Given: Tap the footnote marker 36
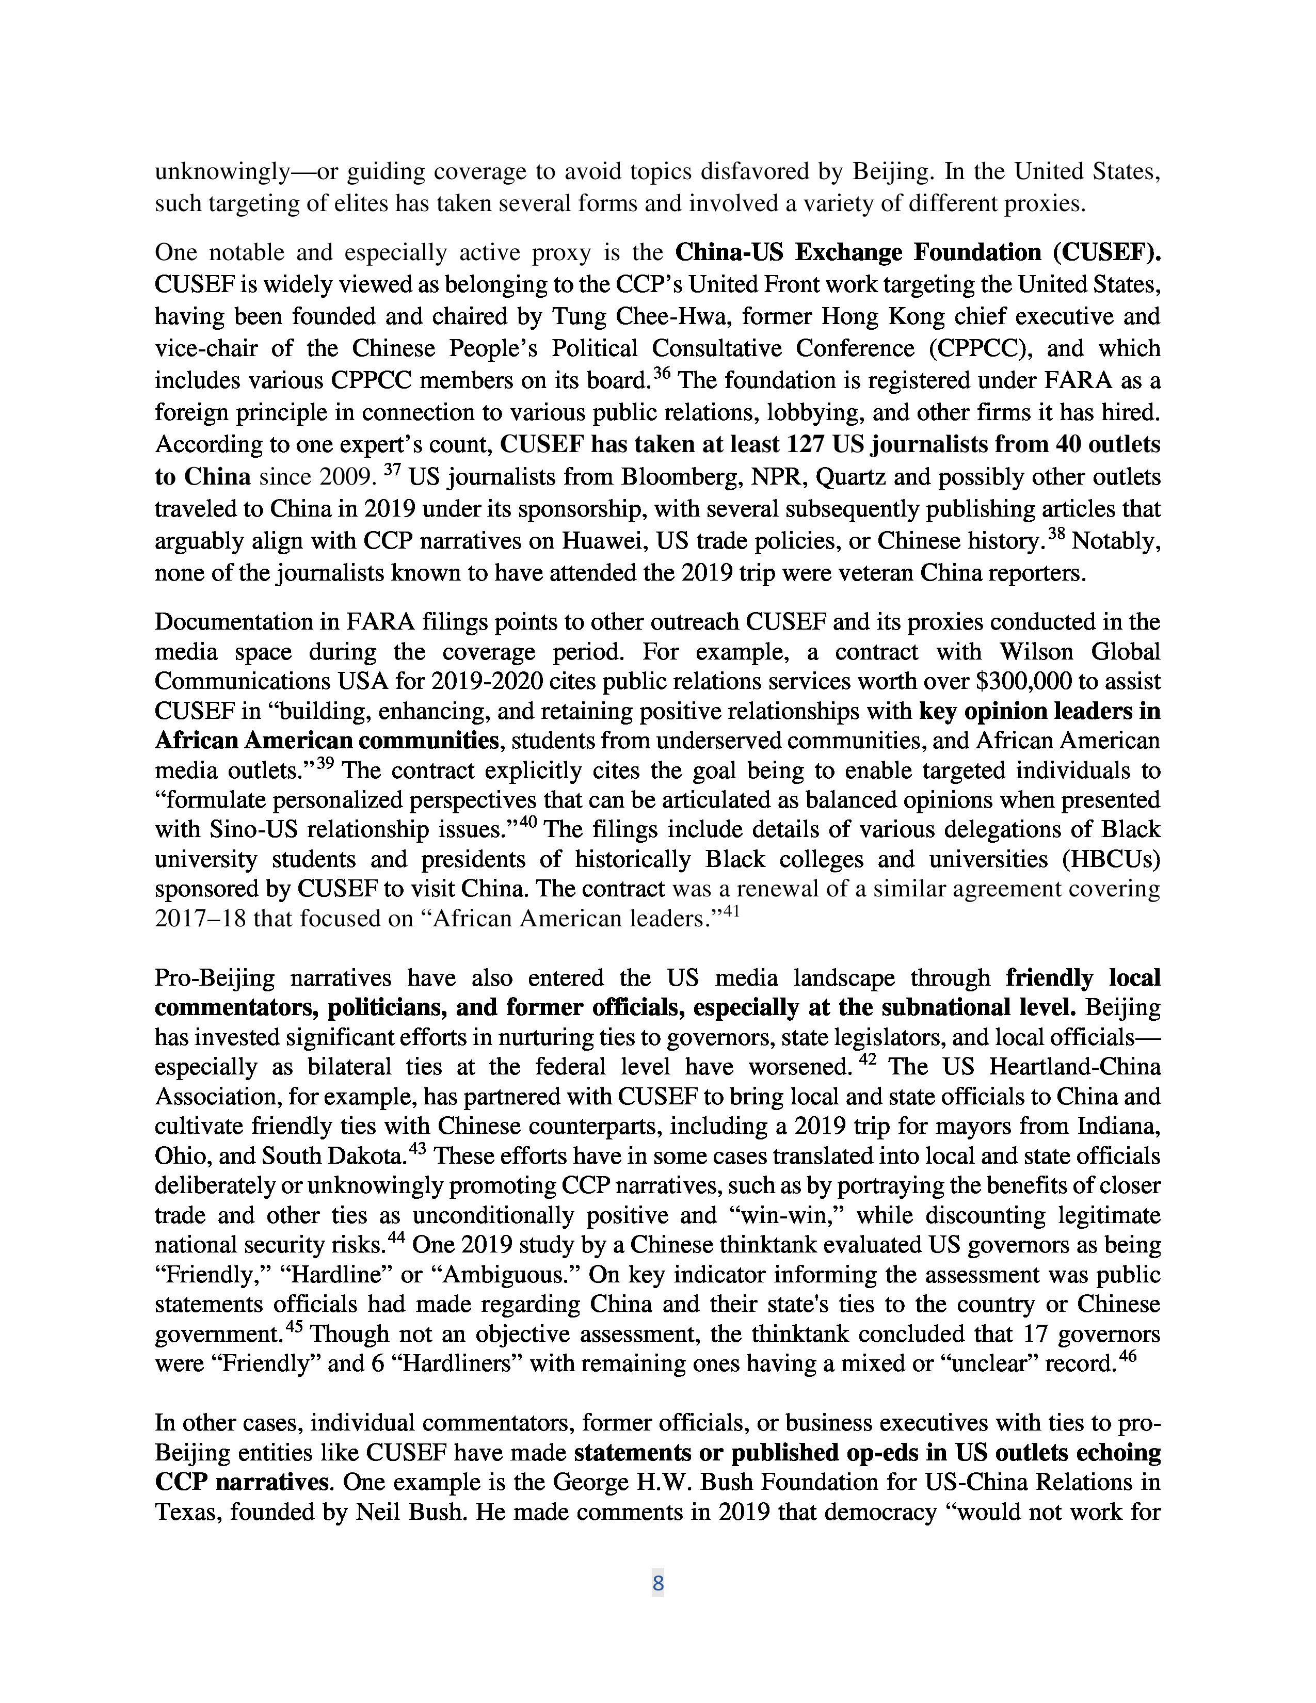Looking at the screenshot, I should point(661,374).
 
